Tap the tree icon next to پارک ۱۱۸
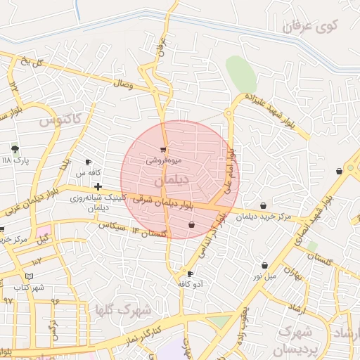(15, 149)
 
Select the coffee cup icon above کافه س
(88, 162)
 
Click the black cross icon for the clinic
(98, 186)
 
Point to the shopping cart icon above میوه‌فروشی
(164, 150)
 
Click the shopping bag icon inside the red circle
(191, 225)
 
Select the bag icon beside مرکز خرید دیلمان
(263, 205)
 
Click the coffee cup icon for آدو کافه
(190, 274)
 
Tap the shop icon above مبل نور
(264, 266)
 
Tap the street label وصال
(122, 84)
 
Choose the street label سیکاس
(112, 227)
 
